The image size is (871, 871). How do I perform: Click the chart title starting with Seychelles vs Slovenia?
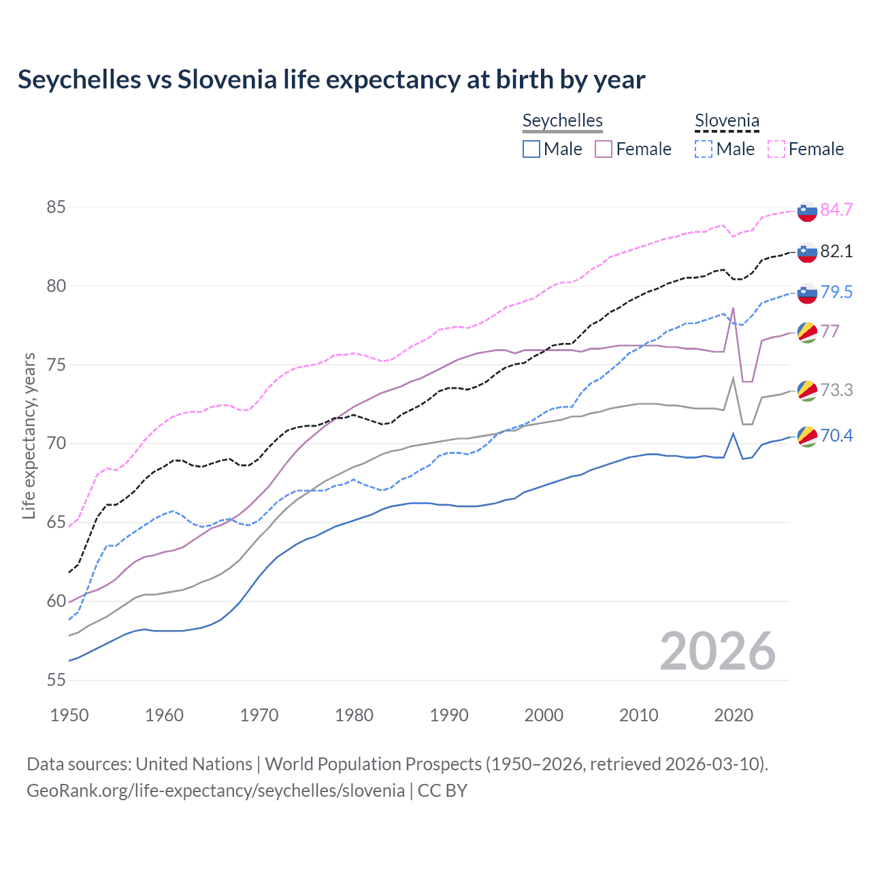pos(331,80)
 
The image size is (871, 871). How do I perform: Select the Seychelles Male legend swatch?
pos(531,149)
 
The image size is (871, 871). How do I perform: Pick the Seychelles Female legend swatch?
pos(604,149)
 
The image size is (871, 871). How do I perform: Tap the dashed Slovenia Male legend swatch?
pos(704,149)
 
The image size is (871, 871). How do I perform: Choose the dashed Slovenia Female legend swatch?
pos(776,149)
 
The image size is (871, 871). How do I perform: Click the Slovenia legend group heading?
pos(727,121)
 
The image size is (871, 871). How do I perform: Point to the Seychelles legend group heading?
pos(563,121)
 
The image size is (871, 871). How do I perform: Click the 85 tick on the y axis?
pos(56,207)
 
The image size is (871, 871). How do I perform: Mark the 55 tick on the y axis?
pos(56,680)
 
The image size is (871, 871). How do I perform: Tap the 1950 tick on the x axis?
pos(69,715)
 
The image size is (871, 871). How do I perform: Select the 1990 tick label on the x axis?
pos(449,715)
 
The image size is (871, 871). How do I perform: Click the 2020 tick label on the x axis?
pos(734,715)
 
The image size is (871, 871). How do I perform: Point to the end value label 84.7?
pos(836,210)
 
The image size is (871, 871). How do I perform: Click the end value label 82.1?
pos(836,251)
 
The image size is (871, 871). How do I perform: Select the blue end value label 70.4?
pos(836,435)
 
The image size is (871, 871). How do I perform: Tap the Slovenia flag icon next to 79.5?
pos(807,293)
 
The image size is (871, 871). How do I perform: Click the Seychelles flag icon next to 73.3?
pos(807,391)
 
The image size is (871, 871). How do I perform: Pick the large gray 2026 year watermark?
pos(718,651)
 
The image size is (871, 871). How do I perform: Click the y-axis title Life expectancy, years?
pos(29,435)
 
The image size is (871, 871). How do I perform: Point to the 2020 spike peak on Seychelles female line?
pos(733,308)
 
